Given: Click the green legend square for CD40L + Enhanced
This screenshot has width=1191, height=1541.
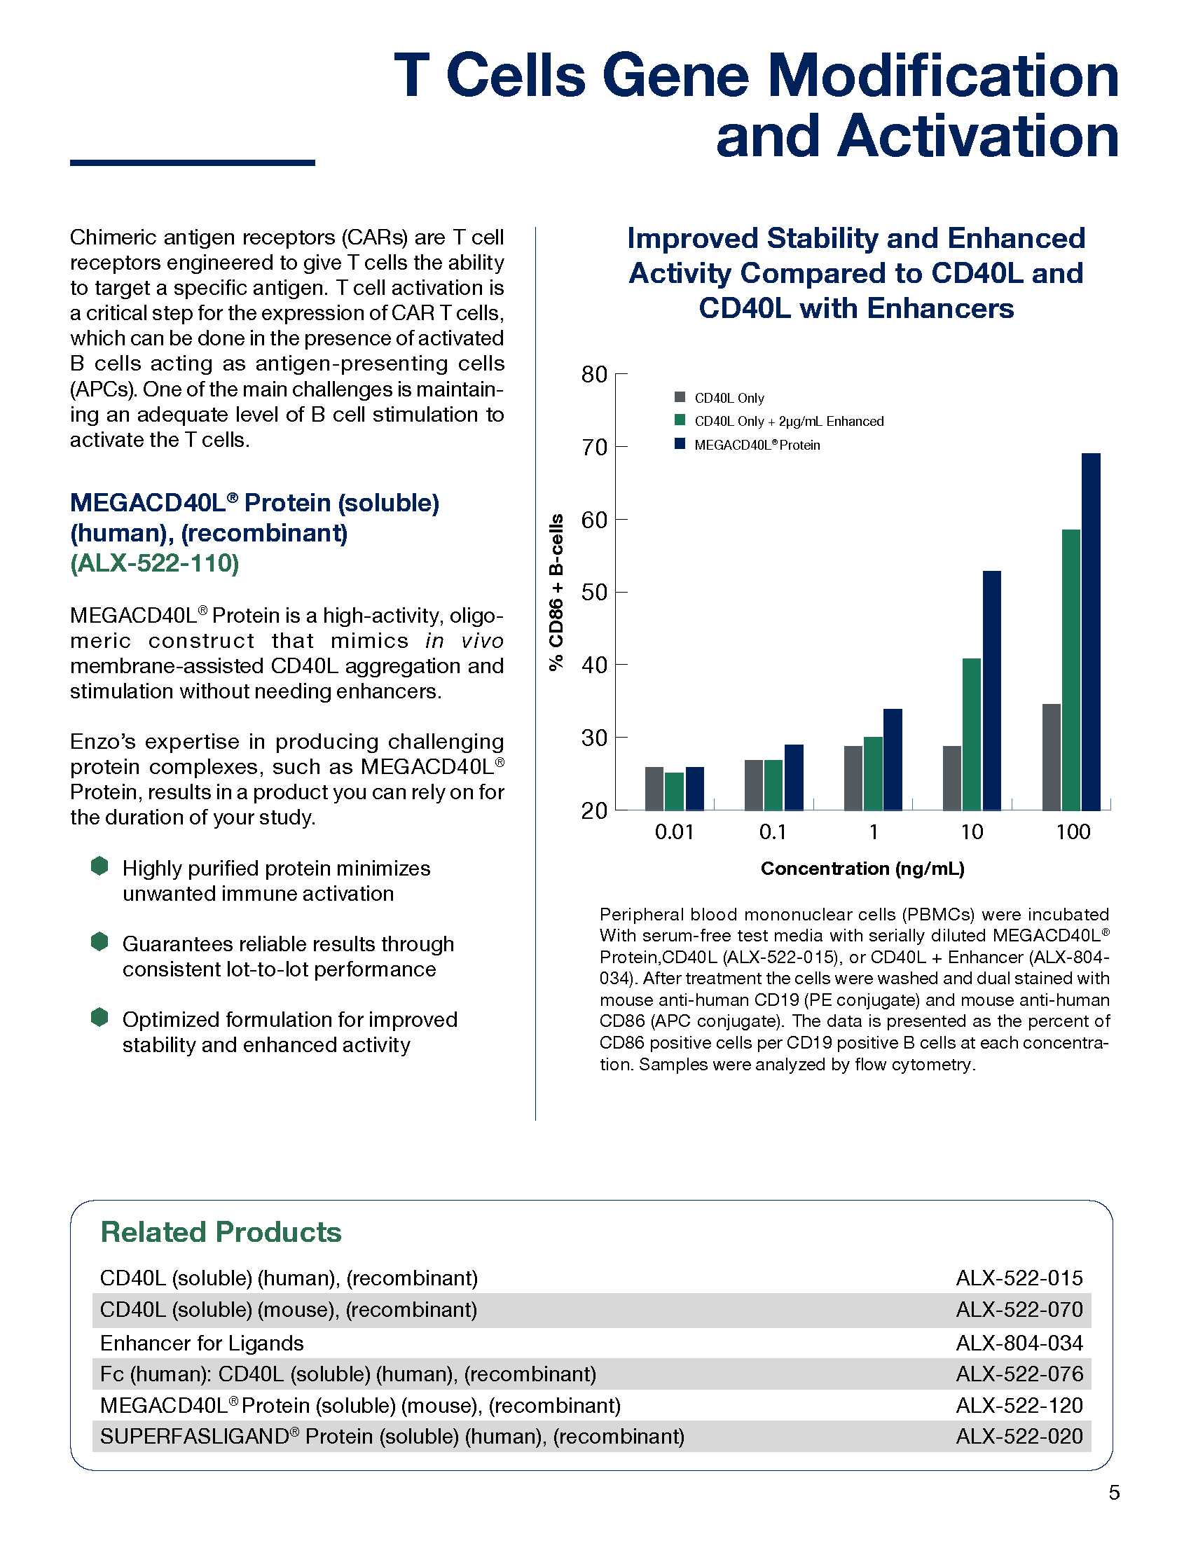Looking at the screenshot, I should pyautogui.click(x=680, y=420).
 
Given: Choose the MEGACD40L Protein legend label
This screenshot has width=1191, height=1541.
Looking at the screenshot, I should pyautogui.click(x=757, y=445).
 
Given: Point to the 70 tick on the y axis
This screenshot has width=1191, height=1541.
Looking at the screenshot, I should pyautogui.click(x=595, y=448).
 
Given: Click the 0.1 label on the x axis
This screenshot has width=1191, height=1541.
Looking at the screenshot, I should pyautogui.click(x=773, y=833).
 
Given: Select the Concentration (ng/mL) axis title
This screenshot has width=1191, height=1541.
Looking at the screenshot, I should pyautogui.click(x=862, y=869).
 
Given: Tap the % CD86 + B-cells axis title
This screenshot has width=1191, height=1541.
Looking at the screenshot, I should pyautogui.click(x=557, y=592).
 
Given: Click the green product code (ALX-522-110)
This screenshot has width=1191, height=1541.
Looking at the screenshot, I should pyautogui.click(x=155, y=563).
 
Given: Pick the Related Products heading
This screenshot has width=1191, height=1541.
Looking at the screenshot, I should pyautogui.click(x=221, y=1232).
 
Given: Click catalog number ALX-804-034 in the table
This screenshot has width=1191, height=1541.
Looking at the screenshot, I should pyautogui.click(x=1019, y=1343).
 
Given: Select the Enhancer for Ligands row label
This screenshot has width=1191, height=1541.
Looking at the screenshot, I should pyautogui.click(x=202, y=1343).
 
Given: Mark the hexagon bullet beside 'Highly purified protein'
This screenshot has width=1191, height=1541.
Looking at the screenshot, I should pyautogui.click(x=99, y=866).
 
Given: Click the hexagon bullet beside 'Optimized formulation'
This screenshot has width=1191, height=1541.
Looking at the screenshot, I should pyautogui.click(x=99, y=1018).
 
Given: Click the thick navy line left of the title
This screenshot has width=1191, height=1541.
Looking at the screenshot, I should pyautogui.click(x=192, y=163).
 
